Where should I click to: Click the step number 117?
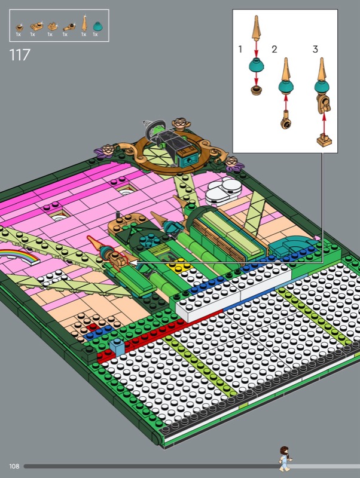[20, 55]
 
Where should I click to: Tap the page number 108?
[14, 466]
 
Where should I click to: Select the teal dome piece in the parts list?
[97, 26]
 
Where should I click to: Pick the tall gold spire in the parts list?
[84, 23]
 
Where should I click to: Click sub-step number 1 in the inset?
[240, 49]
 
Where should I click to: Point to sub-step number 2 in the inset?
[274, 49]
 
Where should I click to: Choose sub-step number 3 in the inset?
[315, 49]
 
